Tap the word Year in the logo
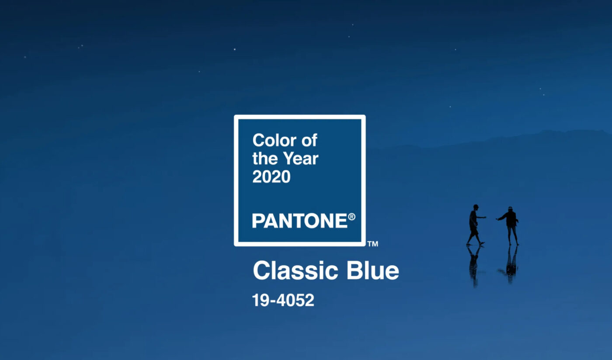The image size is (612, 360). (x=301, y=159)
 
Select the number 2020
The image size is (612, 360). (x=271, y=177)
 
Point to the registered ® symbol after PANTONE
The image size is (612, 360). (x=351, y=217)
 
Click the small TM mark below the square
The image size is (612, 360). (x=372, y=244)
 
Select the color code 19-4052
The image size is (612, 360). (x=283, y=300)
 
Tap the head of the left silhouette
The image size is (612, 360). (x=476, y=207)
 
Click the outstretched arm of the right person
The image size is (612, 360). (x=501, y=218)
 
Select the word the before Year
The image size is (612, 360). (x=266, y=159)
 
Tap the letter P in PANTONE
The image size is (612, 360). (x=258, y=221)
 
